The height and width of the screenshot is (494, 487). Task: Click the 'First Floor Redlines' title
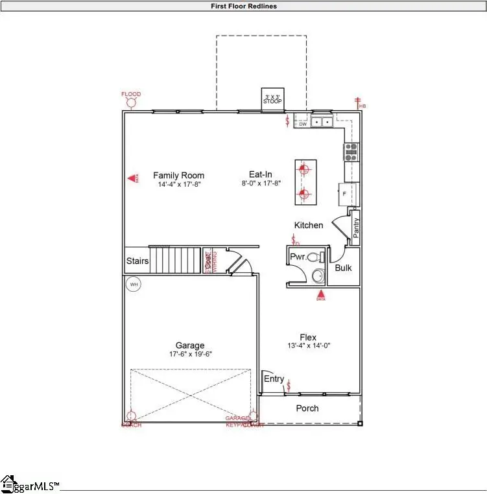pos(244,6)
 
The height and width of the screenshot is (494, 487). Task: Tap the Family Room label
pos(178,175)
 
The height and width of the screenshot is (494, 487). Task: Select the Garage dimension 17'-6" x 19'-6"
pos(190,354)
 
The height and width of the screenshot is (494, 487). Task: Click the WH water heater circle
pos(134,284)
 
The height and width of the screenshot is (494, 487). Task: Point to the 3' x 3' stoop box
pos(272,99)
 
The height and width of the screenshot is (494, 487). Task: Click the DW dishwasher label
pos(302,124)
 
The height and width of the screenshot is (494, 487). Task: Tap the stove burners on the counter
pos(351,152)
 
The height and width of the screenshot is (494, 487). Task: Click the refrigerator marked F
pos(344,193)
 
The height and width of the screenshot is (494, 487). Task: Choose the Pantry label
pos(356,227)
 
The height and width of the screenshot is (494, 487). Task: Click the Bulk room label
pos(343,267)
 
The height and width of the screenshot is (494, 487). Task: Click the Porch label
pos(307,408)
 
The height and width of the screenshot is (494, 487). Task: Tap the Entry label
pos(274,379)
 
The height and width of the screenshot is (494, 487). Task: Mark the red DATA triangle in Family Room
pos(132,178)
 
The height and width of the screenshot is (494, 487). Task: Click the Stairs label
pos(137,261)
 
